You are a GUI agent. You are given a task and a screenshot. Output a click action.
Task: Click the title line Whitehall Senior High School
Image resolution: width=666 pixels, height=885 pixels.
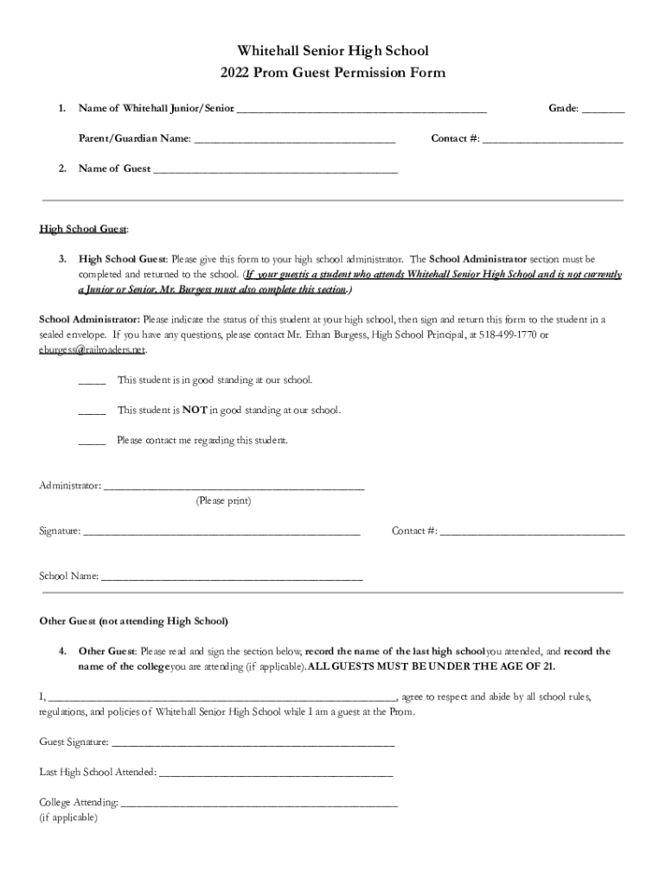333,52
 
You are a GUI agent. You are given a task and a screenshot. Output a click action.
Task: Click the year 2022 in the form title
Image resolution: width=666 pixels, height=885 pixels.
236,73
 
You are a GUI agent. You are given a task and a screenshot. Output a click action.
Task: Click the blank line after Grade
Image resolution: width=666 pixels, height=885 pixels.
603,110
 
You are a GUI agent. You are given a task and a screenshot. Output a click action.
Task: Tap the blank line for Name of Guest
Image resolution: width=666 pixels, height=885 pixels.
275,170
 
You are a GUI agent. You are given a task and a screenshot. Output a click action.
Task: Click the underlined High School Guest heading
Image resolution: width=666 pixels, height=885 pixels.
84,229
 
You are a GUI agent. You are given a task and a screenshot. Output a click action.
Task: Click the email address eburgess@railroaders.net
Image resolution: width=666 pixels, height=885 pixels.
93,350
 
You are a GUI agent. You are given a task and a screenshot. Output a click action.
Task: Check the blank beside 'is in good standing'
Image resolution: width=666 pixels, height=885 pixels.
92,381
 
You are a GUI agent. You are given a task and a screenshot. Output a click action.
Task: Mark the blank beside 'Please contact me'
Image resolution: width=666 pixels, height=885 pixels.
92,442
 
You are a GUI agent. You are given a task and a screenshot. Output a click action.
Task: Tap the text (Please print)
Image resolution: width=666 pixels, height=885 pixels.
224,500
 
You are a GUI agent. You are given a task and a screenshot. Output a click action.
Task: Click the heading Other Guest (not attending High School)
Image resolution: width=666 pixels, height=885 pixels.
134,621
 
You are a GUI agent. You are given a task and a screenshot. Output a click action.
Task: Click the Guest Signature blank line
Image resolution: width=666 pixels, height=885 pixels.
253,742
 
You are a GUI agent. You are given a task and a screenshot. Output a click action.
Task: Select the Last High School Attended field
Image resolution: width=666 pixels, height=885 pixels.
276,773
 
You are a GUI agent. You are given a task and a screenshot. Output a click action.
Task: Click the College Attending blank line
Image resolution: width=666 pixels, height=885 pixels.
259,804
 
